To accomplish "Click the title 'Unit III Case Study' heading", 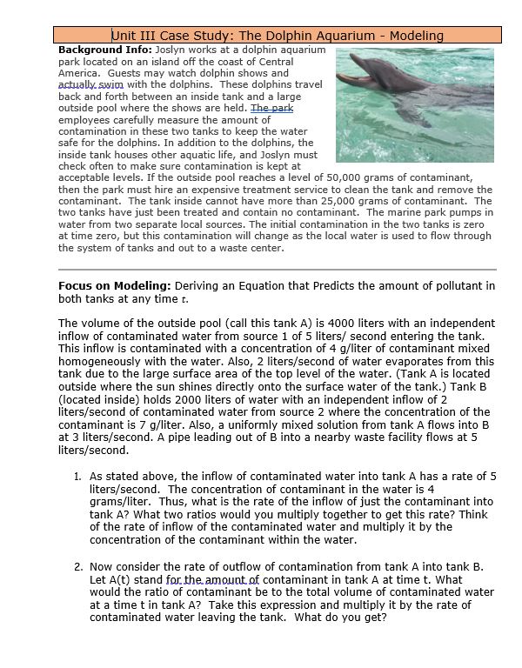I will tap(278, 36).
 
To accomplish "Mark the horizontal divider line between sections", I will tap(277, 270).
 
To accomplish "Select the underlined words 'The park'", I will tap(272, 109).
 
